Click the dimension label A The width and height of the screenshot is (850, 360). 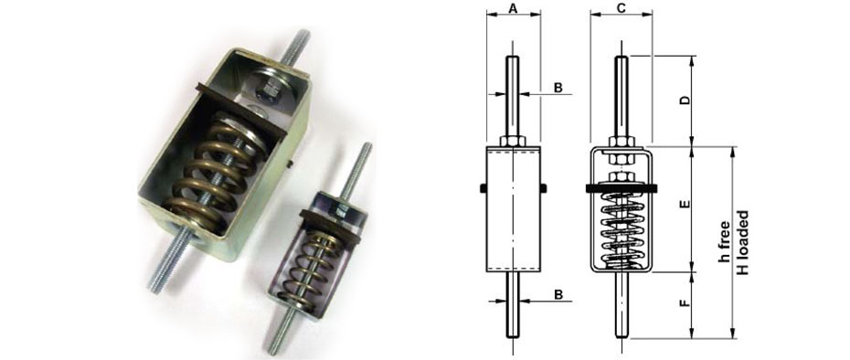tap(513, 9)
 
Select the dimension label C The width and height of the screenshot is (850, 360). tap(621, 9)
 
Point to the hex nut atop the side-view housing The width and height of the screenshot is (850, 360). tap(513, 141)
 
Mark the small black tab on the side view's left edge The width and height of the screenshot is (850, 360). tap(482, 189)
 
